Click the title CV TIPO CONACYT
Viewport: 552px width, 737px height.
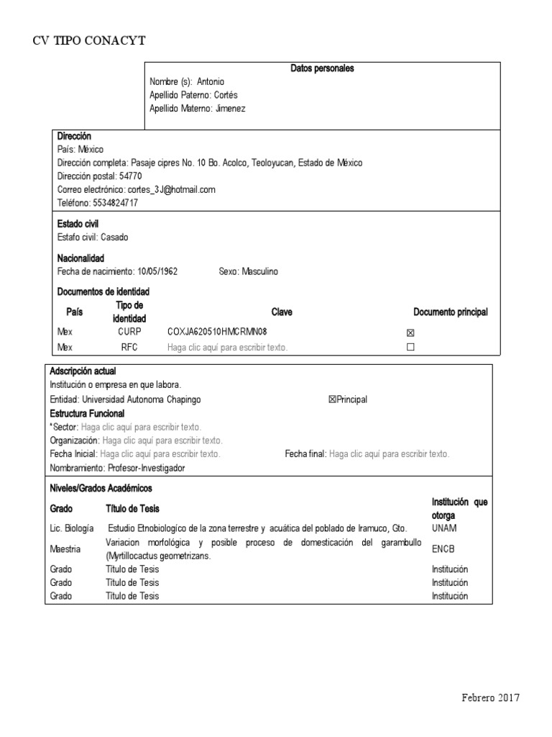(x=89, y=40)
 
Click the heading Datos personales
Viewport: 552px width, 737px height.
(x=322, y=68)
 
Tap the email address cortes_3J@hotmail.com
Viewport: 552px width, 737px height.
(x=171, y=189)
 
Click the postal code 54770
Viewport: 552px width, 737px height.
(x=131, y=176)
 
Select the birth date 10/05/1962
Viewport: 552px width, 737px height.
(x=157, y=271)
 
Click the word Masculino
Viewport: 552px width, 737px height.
(x=259, y=271)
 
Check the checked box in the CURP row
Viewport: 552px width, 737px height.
(x=410, y=333)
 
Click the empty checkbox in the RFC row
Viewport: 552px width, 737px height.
(x=410, y=347)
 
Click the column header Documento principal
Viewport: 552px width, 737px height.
(x=450, y=312)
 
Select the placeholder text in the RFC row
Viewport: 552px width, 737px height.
(x=227, y=347)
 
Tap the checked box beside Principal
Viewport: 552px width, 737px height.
(x=332, y=399)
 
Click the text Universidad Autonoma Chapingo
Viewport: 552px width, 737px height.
(x=142, y=399)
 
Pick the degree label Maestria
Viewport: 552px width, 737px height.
(x=65, y=548)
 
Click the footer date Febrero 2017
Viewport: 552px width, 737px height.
(x=490, y=698)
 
